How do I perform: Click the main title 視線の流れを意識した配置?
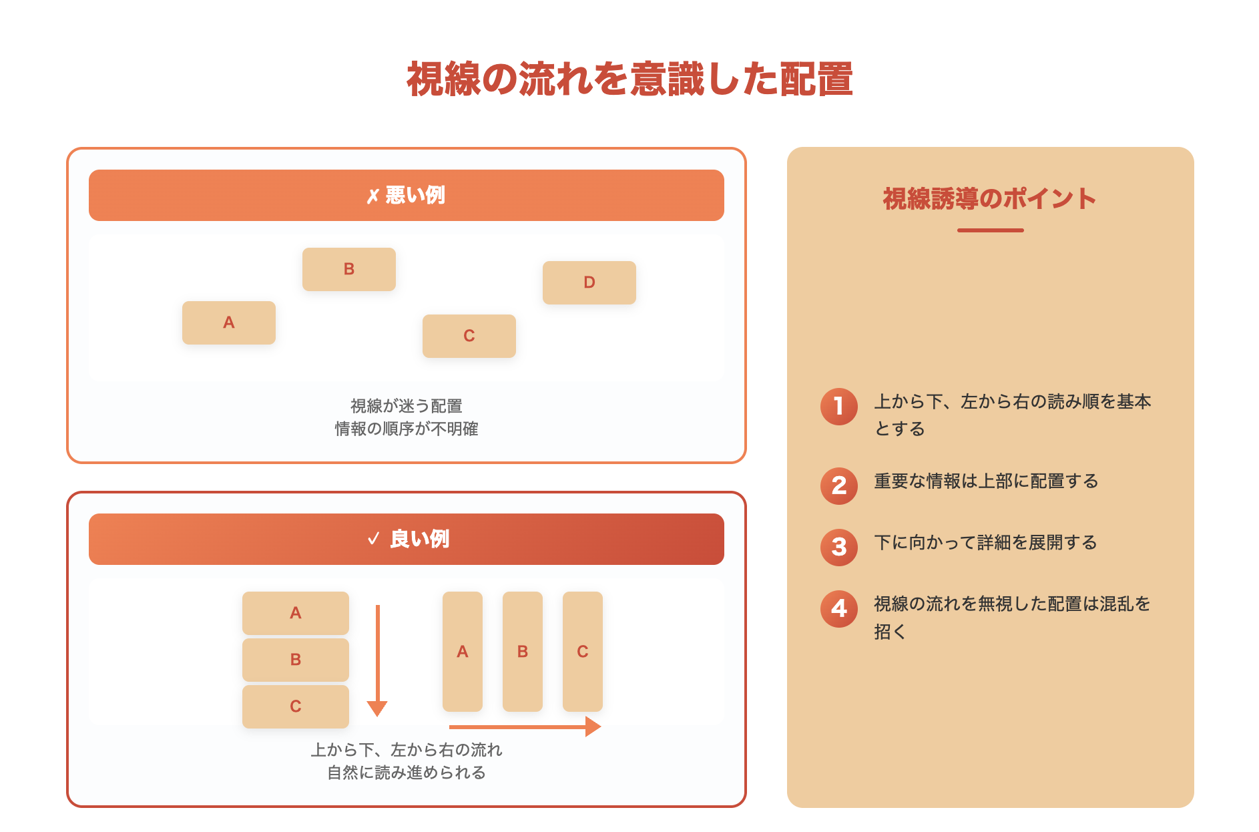(x=629, y=79)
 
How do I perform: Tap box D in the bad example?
(x=589, y=282)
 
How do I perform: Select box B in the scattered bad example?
(x=348, y=269)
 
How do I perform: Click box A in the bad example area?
(x=228, y=323)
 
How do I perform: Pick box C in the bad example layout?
(x=469, y=336)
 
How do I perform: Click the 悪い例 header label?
(x=407, y=195)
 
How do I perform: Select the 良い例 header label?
(x=409, y=539)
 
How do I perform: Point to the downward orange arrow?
(x=377, y=661)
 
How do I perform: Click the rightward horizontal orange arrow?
(x=525, y=726)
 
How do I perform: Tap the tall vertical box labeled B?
(x=522, y=651)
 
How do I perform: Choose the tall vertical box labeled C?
(x=582, y=651)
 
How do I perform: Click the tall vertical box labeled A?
(x=462, y=651)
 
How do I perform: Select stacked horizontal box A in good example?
(x=295, y=613)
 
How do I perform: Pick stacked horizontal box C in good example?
(x=295, y=706)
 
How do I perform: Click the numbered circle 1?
(x=838, y=406)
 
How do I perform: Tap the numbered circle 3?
(x=838, y=547)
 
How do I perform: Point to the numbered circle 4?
(x=838, y=608)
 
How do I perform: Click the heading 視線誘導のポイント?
(x=989, y=199)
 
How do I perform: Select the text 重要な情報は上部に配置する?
(x=986, y=481)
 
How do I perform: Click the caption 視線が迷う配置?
(x=406, y=406)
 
